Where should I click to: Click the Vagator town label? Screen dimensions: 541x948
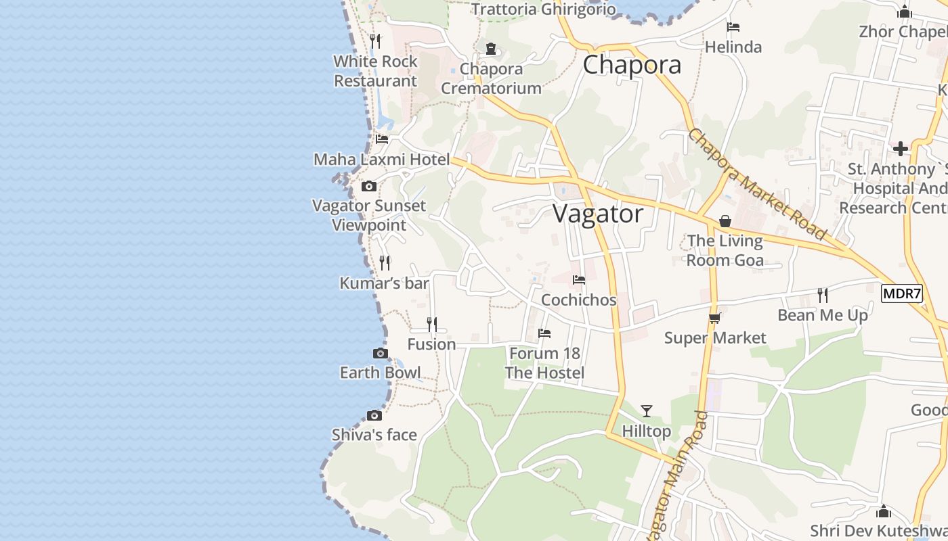point(598,214)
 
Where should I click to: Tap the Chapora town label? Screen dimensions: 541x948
point(632,65)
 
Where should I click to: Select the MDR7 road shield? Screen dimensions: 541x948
point(902,293)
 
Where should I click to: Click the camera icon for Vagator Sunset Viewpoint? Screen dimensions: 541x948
point(369,186)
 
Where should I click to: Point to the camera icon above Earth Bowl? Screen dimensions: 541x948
point(381,353)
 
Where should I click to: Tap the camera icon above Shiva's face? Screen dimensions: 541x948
point(374,415)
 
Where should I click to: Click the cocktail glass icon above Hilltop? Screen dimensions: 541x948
point(647,410)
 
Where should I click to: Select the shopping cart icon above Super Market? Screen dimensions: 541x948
point(714,318)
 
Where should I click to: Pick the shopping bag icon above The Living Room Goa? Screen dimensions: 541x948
point(725,221)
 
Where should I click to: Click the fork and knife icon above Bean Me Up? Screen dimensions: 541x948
point(823,295)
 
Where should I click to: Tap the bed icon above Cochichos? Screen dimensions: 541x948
point(579,279)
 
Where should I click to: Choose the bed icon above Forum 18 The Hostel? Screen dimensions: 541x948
point(544,333)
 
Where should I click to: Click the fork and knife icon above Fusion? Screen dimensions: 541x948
point(432,325)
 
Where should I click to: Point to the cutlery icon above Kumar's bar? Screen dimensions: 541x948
point(385,262)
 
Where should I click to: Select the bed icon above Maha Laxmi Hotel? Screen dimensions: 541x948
point(382,139)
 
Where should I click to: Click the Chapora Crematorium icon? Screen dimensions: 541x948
point(491,49)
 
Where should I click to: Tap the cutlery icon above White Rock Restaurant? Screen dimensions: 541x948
point(376,41)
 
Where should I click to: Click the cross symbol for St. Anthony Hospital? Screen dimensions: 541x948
point(901,149)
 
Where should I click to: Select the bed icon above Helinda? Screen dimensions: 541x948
point(733,27)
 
